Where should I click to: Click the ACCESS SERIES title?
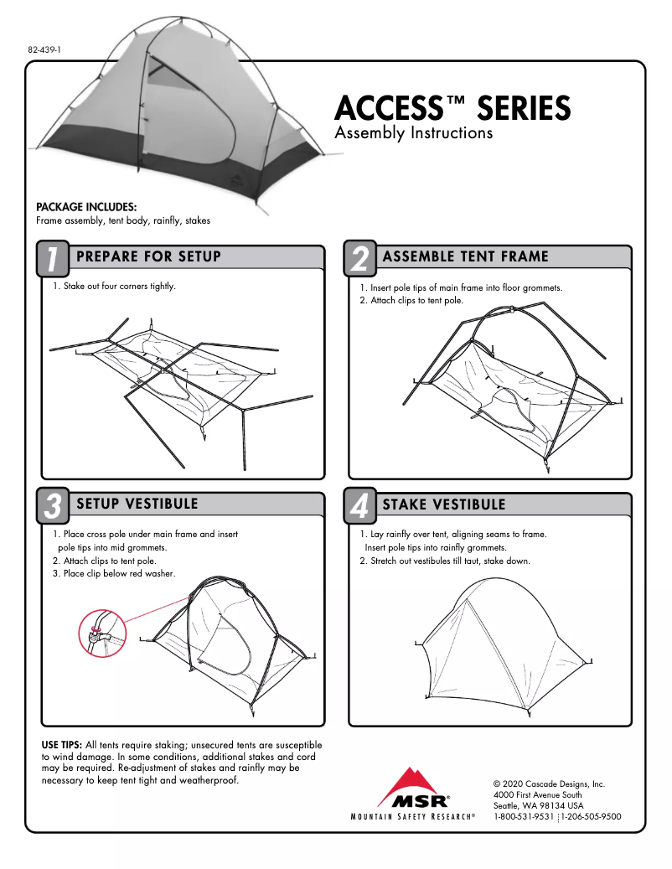click(452, 109)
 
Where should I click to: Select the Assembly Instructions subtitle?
click(413, 133)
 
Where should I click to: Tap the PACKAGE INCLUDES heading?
click(86, 207)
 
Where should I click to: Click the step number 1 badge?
click(52, 259)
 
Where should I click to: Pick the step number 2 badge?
click(359, 259)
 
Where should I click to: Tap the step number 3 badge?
click(52, 506)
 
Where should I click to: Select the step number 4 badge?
click(359, 506)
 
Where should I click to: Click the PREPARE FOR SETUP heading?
click(148, 256)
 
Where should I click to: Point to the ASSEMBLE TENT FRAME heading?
click(465, 256)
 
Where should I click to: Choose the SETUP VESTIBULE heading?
click(137, 504)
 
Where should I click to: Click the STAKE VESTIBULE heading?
click(444, 504)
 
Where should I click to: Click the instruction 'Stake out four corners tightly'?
click(114, 287)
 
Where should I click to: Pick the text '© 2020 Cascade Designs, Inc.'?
click(549, 784)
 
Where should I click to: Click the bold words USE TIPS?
click(61, 745)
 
